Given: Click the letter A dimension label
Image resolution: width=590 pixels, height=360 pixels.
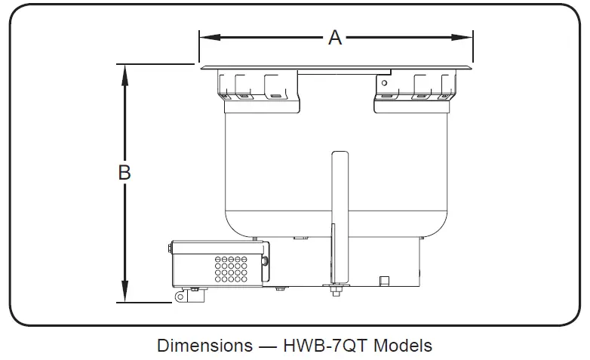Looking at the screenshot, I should coord(335,37).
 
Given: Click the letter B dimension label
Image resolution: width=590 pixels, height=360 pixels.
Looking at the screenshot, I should coord(125,172).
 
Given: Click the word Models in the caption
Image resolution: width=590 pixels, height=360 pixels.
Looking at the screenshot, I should coord(404,346).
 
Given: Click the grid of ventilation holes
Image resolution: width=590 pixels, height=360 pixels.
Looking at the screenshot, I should coord(232,268).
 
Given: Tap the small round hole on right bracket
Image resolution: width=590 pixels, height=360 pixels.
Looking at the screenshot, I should coord(384,82).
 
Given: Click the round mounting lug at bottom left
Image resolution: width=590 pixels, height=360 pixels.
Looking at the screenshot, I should coord(181,297).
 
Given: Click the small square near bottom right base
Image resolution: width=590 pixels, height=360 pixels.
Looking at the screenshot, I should coord(384,281).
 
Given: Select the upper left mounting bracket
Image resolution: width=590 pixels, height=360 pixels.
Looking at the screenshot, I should coord(258,87).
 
